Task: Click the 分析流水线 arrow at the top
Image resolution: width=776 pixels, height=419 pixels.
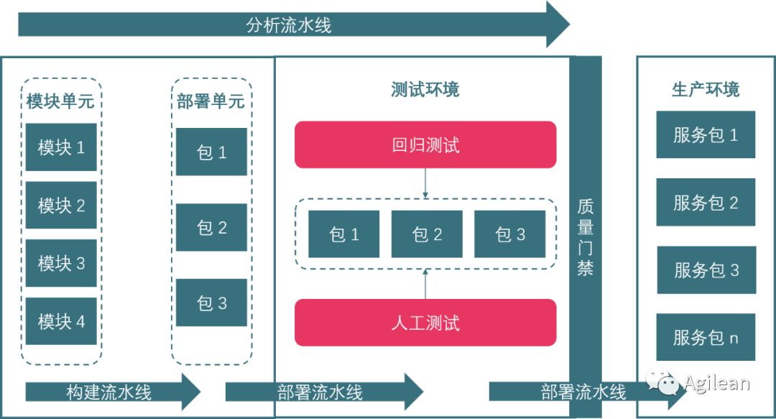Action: pos(287,24)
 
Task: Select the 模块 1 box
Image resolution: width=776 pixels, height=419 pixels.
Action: pos(61,147)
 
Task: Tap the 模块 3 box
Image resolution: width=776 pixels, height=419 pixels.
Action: pos(61,263)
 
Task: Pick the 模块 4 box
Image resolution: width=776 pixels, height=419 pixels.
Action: pos(61,321)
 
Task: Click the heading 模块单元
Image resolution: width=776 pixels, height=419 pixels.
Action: pos(60,101)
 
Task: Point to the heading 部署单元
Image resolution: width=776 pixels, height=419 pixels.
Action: pos(211,101)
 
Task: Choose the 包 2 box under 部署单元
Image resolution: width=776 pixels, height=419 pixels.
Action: pos(211,228)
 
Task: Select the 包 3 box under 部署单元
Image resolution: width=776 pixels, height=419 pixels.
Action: pos(211,303)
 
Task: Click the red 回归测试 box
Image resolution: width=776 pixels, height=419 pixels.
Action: pos(425,145)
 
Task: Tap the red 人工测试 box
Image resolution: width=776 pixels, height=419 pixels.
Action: pos(425,323)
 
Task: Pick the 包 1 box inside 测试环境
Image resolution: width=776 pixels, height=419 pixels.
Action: pos(343,234)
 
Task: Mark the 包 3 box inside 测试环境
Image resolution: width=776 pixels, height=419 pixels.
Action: pos(509,234)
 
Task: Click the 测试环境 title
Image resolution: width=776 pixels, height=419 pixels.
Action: pos(425,90)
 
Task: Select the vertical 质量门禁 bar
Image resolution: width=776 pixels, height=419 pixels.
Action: pos(586,237)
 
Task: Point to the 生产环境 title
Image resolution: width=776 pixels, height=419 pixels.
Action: pos(706,90)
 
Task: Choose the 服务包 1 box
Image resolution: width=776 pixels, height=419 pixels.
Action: pos(706,134)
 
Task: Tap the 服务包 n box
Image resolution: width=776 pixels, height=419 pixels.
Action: pos(706,337)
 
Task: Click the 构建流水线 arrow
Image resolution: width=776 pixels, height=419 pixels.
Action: pos(111,392)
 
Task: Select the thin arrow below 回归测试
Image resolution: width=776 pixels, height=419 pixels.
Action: pos(425,183)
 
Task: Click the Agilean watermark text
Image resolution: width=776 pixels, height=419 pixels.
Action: pos(716,383)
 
